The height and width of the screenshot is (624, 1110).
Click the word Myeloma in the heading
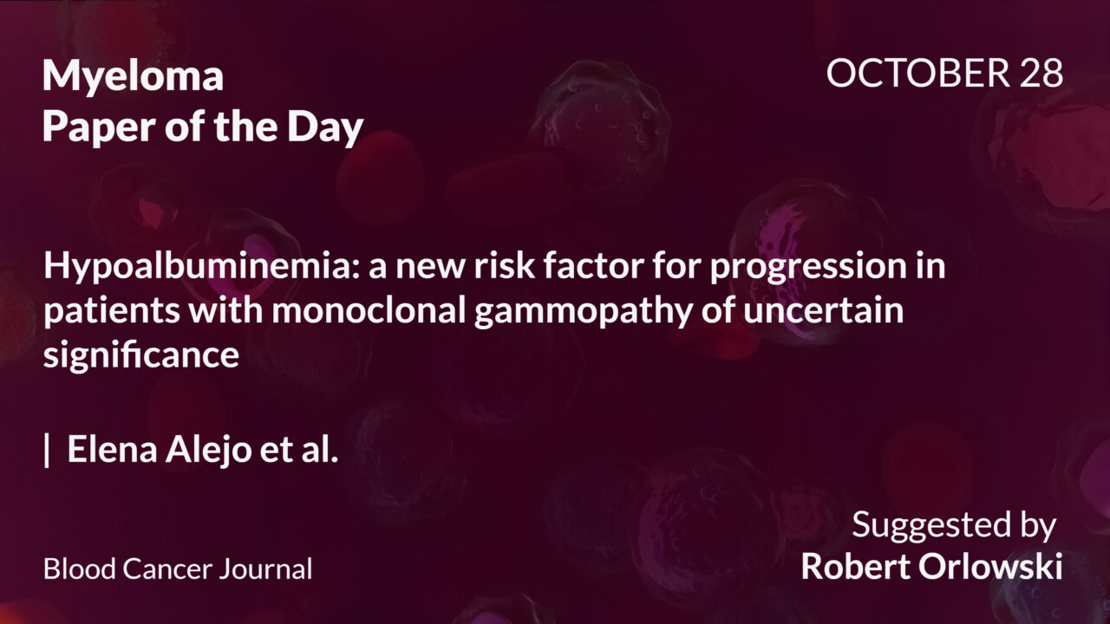(x=133, y=78)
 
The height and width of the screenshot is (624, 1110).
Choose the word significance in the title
(x=141, y=355)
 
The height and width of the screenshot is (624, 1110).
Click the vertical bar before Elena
(x=47, y=452)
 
